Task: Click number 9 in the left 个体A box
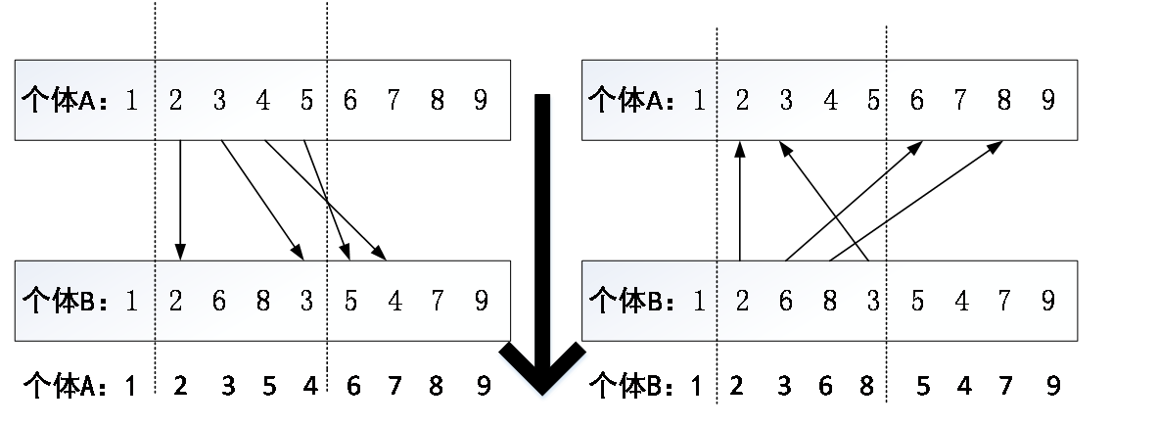coord(480,101)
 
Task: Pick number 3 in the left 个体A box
coord(218,101)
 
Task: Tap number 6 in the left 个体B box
coord(218,301)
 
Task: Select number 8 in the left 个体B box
coord(262,301)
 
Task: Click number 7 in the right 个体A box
coord(960,101)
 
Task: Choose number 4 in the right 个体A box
coord(830,101)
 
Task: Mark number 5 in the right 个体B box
coord(917,301)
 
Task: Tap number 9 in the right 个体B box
coord(1047,301)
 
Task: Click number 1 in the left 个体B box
coord(131,301)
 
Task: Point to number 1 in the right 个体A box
coord(699,101)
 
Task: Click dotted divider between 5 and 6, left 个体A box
coord(327,101)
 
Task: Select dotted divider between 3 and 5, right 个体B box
coord(887,301)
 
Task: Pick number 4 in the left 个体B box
coord(394,301)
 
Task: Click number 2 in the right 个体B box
coord(742,301)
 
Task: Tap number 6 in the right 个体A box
coord(917,101)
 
